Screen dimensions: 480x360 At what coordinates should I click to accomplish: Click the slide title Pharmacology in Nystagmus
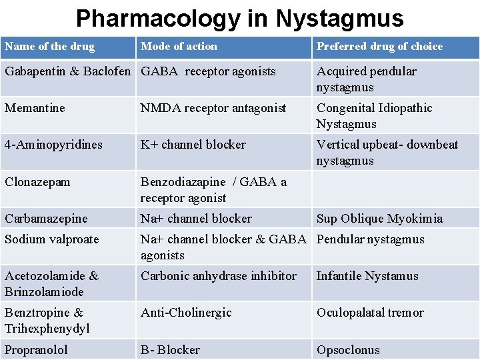240,18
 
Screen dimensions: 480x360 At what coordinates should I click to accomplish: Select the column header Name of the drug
50,47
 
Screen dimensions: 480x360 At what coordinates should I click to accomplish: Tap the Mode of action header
179,47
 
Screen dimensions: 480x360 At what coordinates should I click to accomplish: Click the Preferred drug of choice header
379,47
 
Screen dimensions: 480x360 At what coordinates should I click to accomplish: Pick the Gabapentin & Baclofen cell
68,71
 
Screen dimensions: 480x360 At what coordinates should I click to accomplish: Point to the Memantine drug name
35,108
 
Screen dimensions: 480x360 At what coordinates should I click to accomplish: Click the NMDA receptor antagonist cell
213,108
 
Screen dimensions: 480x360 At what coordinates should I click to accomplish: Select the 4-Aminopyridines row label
53,145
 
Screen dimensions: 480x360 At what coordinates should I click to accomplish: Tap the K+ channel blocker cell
193,145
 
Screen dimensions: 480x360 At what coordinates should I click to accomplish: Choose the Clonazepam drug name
37,182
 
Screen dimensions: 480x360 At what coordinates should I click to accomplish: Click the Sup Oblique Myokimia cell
379,219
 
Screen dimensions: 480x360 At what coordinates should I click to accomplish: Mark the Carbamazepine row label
46,219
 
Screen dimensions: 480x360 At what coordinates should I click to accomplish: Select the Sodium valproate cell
51,239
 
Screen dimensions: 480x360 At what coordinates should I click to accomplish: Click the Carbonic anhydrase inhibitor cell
219,276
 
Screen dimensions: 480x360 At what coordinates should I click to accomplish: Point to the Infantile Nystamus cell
367,276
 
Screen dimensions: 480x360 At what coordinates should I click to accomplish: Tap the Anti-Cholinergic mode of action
186,313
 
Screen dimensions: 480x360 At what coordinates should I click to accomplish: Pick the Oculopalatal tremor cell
370,313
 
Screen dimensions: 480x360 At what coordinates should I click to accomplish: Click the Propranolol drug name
36,350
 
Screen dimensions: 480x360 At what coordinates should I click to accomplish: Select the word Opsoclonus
348,350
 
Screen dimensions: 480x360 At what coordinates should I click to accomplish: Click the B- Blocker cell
170,350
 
